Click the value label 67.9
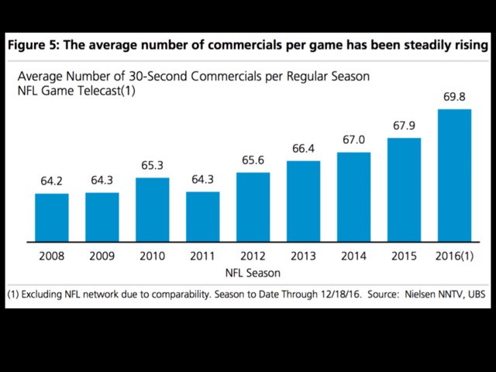point(405,126)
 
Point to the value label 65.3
point(153,166)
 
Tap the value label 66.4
point(303,149)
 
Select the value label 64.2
point(52,181)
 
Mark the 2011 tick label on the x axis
point(203,255)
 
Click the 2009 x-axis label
point(102,255)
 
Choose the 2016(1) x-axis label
point(454,255)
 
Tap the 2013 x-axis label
point(303,255)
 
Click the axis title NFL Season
point(253,273)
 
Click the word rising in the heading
point(470,46)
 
